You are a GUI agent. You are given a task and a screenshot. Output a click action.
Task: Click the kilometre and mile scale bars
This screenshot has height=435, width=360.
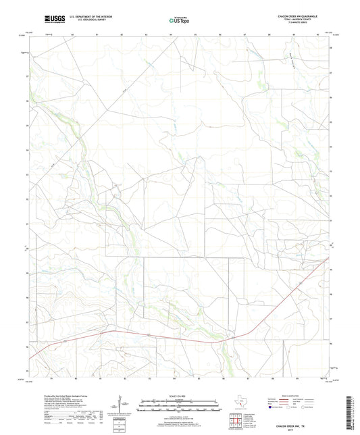(x=179, y=407)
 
